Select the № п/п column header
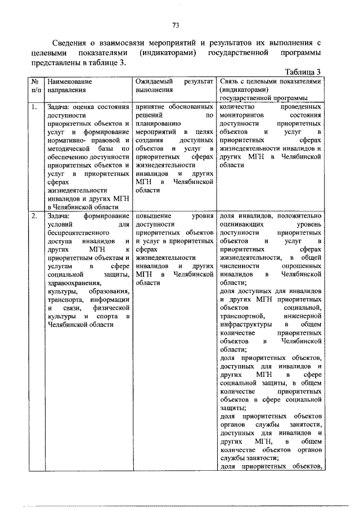coord(36,85)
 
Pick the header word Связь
coord(229,81)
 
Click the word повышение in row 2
coord(155,215)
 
